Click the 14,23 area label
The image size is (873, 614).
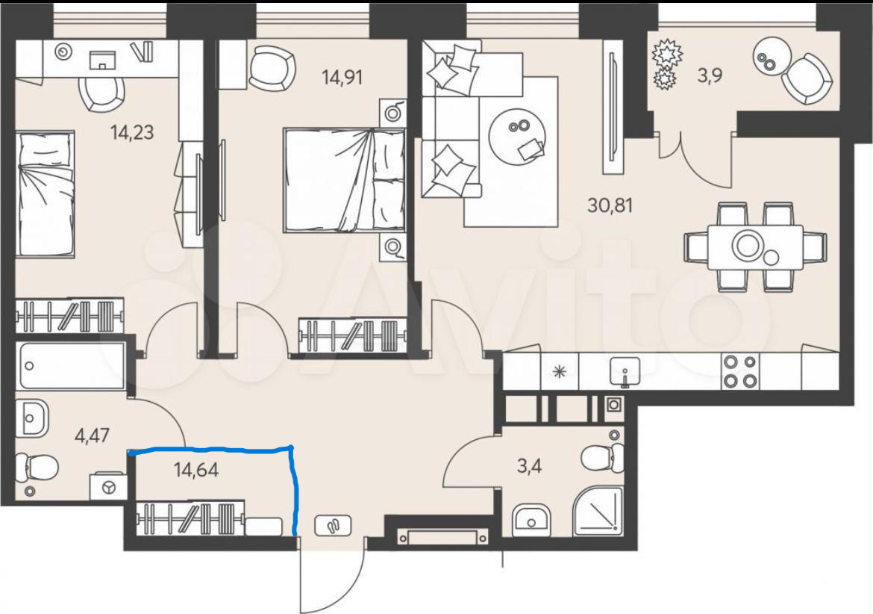coord(132,133)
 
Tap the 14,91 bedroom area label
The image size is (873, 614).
coord(342,77)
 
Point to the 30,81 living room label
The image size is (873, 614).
coord(610,205)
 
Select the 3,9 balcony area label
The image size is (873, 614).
coord(710,74)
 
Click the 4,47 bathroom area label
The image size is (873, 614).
coord(92,435)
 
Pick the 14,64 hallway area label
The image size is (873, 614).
coord(196,470)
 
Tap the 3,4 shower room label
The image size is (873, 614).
coord(529,465)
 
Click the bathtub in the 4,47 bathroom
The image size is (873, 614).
coord(72,365)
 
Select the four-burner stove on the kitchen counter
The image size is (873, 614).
coord(740,372)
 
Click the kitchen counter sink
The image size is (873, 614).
coord(625,371)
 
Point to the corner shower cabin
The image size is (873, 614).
coord(598,511)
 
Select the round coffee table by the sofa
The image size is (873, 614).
coord(517,135)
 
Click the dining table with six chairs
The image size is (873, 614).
coord(755,246)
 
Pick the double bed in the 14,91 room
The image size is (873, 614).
coord(344,179)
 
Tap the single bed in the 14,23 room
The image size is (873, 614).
coord(45,194)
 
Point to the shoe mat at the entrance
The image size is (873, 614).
coord(333,525)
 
